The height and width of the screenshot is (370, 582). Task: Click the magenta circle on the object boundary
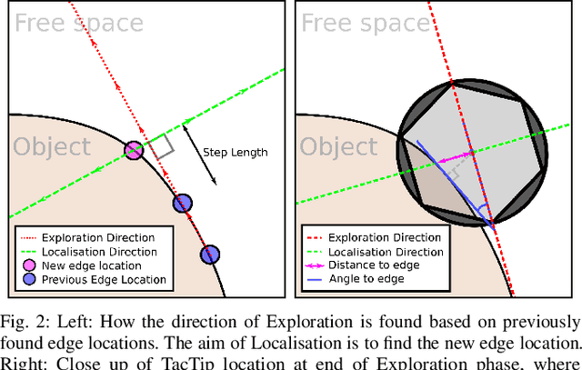[x=134, y=150]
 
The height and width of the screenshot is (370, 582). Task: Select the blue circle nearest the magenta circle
[x=182, y=203]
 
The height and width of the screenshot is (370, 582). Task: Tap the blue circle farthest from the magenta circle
[x=210, y=254]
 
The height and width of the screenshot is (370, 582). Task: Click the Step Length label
[x=235, y=152]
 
